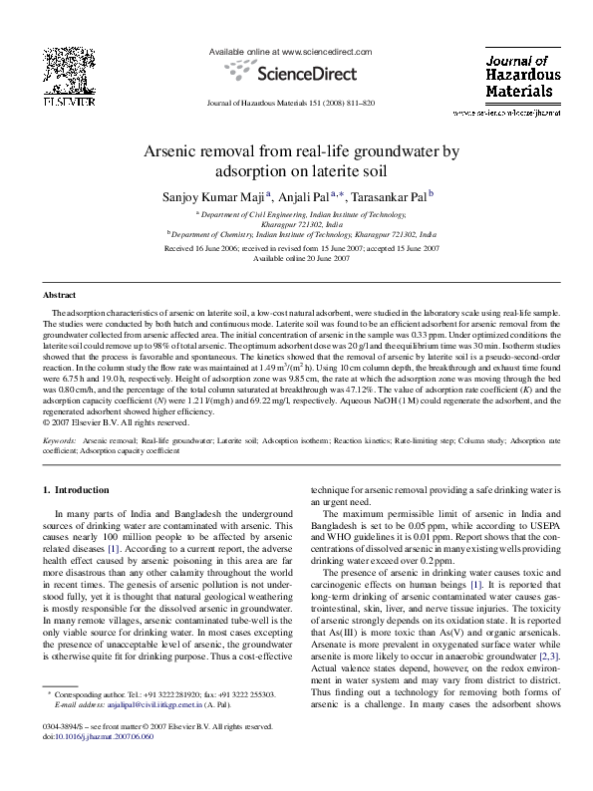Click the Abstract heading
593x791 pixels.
click(x=60, y=297)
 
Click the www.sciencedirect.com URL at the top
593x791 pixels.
click(x=326, y=50)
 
